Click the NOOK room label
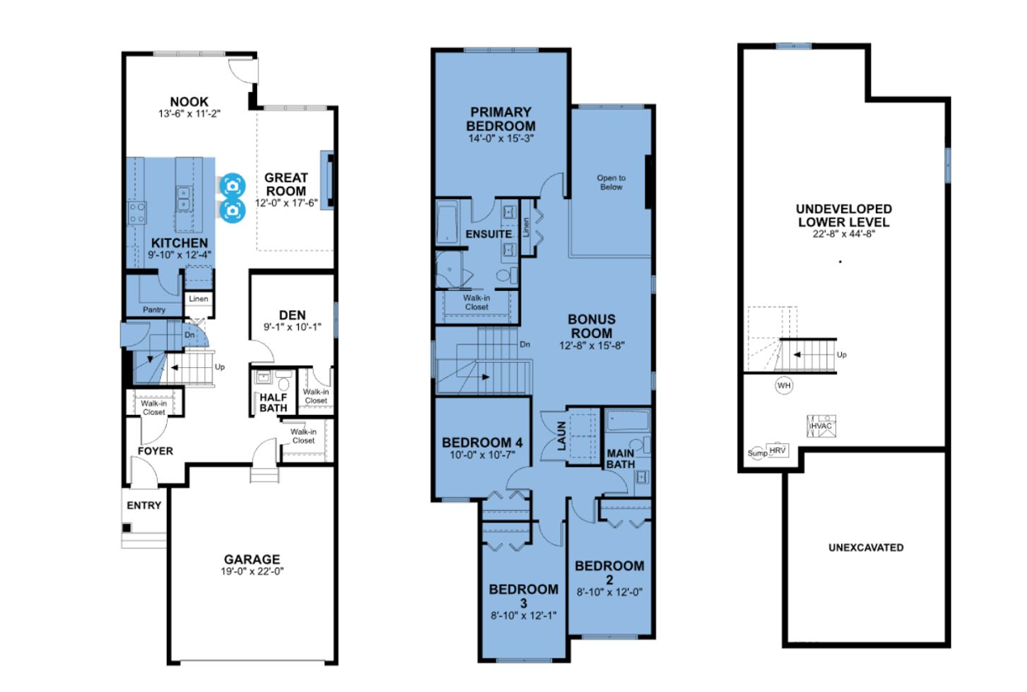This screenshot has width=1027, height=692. (189, 102)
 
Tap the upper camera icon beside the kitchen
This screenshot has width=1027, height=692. (233, 185)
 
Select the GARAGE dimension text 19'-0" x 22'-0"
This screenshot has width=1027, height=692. (252, 571)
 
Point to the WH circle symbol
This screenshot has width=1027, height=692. (784, 385)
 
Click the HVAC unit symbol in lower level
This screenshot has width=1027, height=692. (821, 426)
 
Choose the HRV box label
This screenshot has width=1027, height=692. (777, 451)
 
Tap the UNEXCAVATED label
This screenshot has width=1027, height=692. (866, 547)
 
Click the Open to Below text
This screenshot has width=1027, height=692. (611, 183)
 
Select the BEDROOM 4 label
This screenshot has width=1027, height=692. (483, 443)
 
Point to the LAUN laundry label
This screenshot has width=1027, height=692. (561, 437)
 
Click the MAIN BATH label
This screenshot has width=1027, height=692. (620, 459)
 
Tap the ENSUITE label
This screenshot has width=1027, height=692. (489, 235)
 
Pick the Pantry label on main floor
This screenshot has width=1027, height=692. (154, 310)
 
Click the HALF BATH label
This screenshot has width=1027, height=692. (273, 403)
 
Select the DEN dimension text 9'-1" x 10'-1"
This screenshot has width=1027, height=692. (292, 327)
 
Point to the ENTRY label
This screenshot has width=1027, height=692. (144, 506)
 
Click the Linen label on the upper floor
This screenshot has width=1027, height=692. (526, 227)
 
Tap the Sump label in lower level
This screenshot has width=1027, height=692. (758, 453)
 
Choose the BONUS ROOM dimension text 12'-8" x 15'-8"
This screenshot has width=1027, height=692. (592, 346)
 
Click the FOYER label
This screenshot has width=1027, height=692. (155, 451)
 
